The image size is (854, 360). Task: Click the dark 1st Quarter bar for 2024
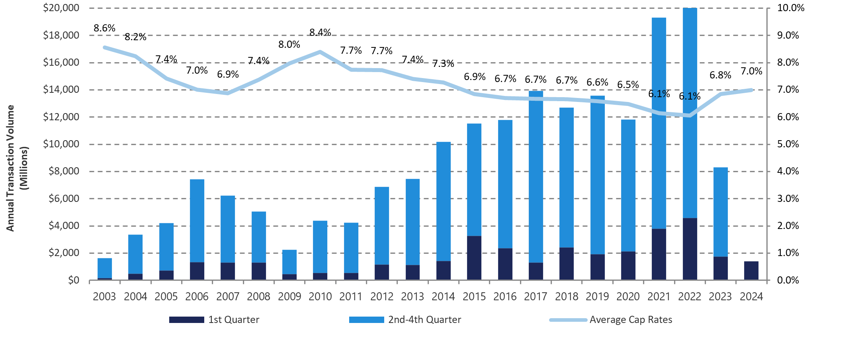(751, 270)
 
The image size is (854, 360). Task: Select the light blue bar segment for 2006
(197, 221)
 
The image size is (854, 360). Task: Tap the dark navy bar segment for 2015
(474, 258)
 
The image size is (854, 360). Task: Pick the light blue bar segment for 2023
(720, 212)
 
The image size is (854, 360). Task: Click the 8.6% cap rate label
(104, 28)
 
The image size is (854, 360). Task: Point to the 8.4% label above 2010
(320, 32)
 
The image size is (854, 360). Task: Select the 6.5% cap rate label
(628, 85)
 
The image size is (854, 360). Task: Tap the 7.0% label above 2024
(751, 71)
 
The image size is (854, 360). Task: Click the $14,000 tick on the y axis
(61, 90)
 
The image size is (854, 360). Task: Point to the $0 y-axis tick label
(73, 280)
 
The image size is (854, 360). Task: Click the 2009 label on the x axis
(289, 297)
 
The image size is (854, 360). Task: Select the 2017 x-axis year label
(535, 297)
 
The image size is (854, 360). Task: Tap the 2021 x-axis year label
(659, 297)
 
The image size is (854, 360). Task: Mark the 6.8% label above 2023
(720, 75)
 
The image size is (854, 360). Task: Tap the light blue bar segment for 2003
(105, 268)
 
